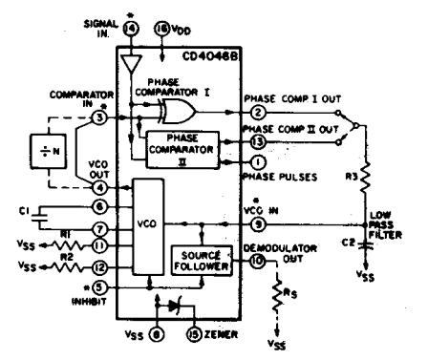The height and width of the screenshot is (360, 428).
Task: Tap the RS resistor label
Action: coord(294,305)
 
